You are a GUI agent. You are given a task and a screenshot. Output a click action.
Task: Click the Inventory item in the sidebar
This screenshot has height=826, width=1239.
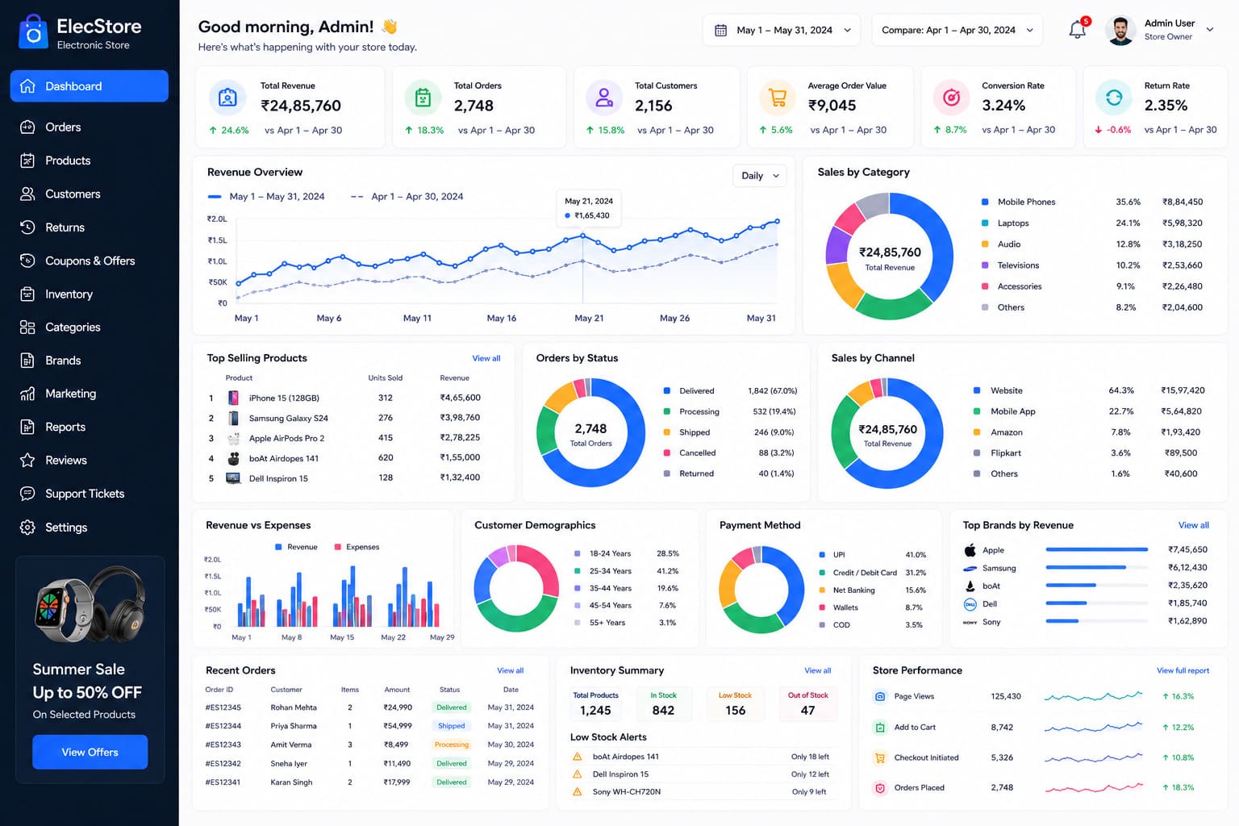pyautogui.click(x=69, y=294)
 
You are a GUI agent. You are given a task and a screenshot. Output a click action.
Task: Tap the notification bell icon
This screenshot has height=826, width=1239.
pyautogui.click(x=1077, y=29)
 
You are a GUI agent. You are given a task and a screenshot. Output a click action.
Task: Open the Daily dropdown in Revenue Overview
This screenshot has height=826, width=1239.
pyautogui.click(x=759, y=175)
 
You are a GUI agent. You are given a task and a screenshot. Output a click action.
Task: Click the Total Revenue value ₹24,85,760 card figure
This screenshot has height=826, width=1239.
pyautogui.click(x=300, y=105)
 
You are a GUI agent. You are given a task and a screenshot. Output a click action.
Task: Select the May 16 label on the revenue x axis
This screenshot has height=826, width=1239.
pyautogui.click(x=501, y=318)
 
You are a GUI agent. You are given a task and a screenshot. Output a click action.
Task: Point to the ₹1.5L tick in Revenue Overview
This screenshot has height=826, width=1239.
pyautogui.click(x=217, y=240)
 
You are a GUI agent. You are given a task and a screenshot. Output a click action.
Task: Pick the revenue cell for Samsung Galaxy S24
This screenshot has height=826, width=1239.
pyautogui.click(x=460, y=417)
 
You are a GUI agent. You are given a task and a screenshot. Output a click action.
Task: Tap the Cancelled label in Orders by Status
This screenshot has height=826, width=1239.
pyautogui.click(x=697, y=453)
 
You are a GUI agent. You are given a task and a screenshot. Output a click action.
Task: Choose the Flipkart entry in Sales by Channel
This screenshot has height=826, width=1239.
pyautogui.click(x=1006, y=453)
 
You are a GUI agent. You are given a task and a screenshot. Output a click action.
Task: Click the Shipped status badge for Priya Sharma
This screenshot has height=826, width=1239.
pyautogui.click(x=452, y=725)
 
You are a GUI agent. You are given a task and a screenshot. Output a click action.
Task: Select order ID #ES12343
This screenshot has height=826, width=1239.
pyautogui.click(x=223, y=744)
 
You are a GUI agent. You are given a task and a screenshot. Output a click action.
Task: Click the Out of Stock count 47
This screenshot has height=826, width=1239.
pyautogui.click(x=807, y=710)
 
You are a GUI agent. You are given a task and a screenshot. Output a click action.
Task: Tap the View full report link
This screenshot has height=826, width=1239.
pyautogui.click(x=1183, y=670)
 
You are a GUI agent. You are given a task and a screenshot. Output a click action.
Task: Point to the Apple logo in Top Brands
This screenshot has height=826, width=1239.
pyautogui.click(x=970, y=550)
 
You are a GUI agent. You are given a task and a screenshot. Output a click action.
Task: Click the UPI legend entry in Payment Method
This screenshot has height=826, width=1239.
pyautogui.click(x=839, y=554)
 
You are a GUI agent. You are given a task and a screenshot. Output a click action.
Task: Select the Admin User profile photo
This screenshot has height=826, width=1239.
pyautogui.click(x=1120, y=31)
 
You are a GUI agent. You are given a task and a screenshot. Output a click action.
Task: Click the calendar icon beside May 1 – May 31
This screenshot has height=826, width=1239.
pyautogui.click(x=720, y=30)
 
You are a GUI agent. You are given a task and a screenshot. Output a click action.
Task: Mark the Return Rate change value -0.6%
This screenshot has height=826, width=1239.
pyautogui.click(x=1119, y=129)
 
